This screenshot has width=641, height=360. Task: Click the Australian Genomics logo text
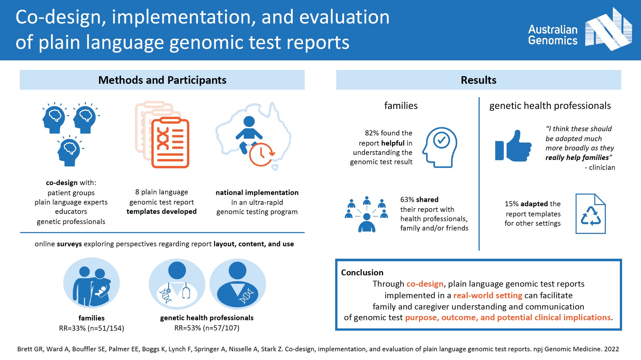tap(553, 35)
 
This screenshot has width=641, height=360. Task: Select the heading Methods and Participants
tap(162, 80)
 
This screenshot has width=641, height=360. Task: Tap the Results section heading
tap(478, 80)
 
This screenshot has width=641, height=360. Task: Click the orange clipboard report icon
tap(170, 143)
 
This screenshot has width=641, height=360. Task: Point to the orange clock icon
tap(262, 154)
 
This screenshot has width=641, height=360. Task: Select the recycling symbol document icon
tap(590, 214)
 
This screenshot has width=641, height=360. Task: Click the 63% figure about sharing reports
tap(407, 199)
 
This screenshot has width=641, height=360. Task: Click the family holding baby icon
tap(91, 283)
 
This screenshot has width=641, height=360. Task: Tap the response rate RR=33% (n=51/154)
tap(91, 328)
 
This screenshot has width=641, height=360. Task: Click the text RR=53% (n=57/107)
tap(207, 328)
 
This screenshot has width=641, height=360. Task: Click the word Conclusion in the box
tap(362, 272)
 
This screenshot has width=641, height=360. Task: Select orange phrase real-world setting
tap(488, 295)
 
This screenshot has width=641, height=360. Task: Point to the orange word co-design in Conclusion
tap(425, 284)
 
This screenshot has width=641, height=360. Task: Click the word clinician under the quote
tap(602, 168)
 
